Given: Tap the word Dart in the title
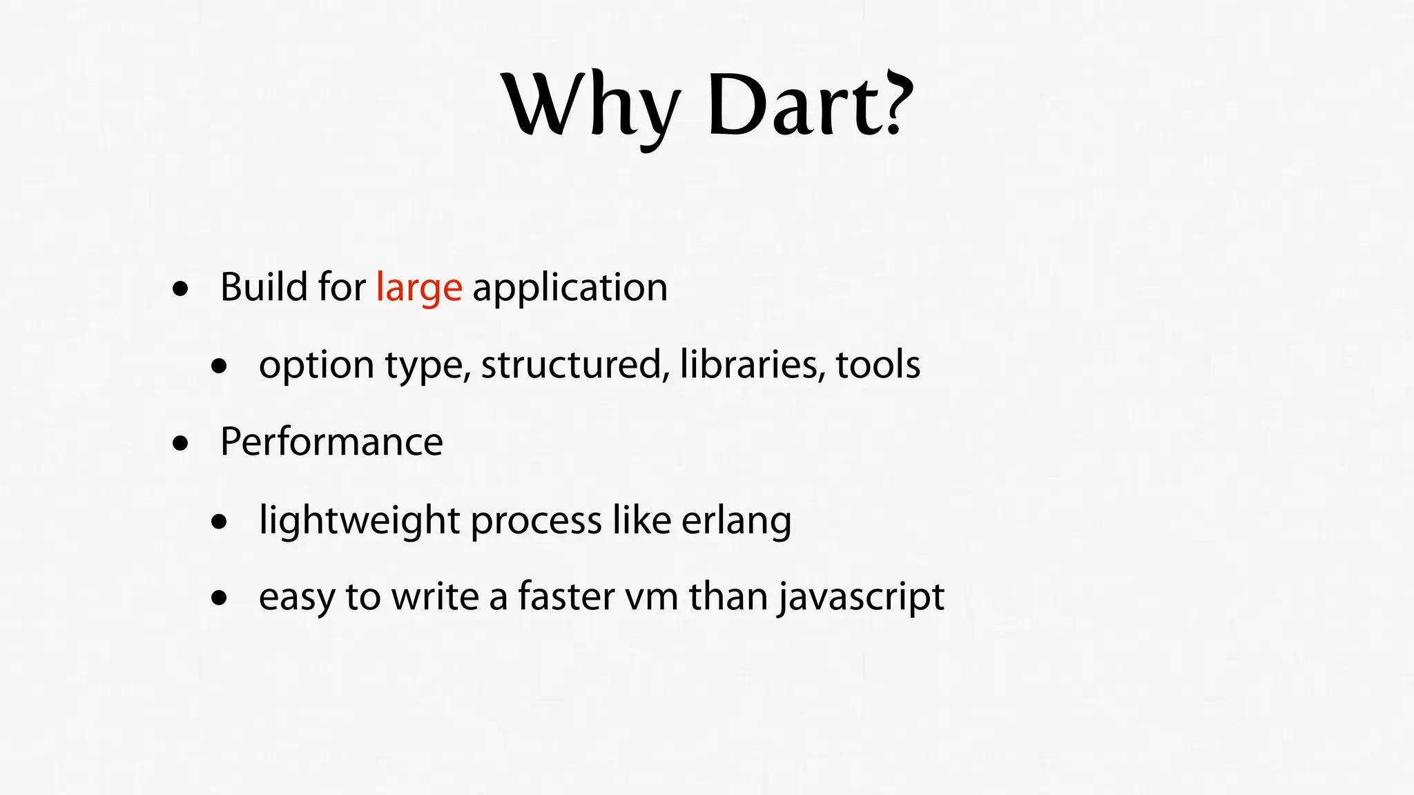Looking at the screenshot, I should pyautogui.click(x=794, y=105).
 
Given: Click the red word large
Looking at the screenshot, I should pyautogui.click(x=419, y=288).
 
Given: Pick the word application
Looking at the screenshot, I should pyautogui.click(x=570, y=288).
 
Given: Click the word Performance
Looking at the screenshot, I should pyautogui.click(x=331, y=442).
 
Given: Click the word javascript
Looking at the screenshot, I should pyautogui.click(x=861, y=597).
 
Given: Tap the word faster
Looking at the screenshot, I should pyautogui.click(x=565, y=596).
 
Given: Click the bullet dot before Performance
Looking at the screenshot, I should pyautogui.click(x=181, y=443).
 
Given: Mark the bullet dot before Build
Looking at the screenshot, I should pyautogui.click(x=181, y=288).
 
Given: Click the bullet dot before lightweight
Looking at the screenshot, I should pyautogui.click(x=220, y=521).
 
